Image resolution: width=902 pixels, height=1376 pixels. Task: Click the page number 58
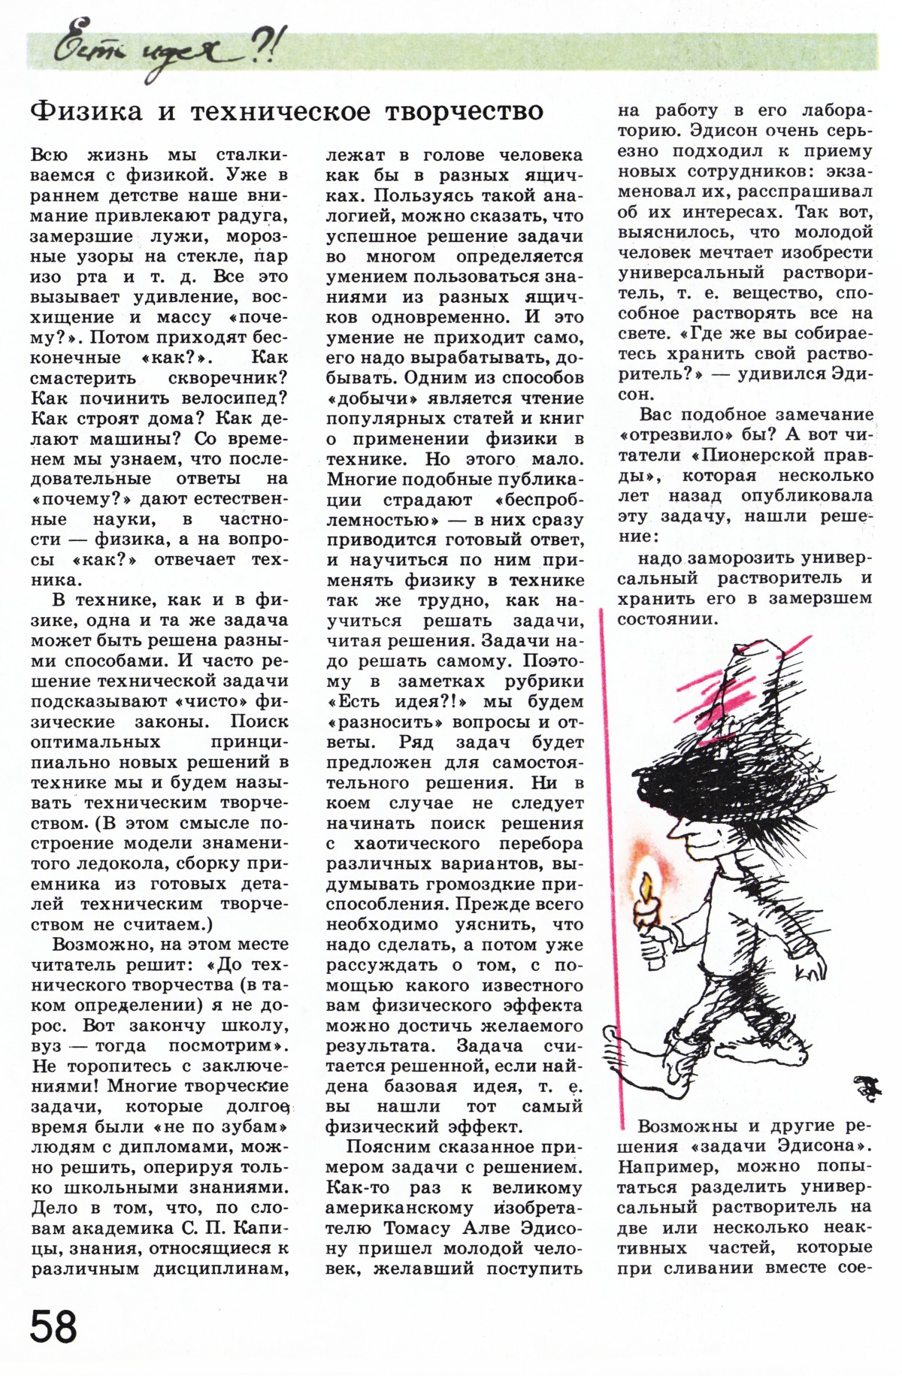pyautogui.click(x=53, y=1326)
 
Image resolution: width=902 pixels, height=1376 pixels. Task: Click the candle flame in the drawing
pyautogui.click(x=646, y=883)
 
